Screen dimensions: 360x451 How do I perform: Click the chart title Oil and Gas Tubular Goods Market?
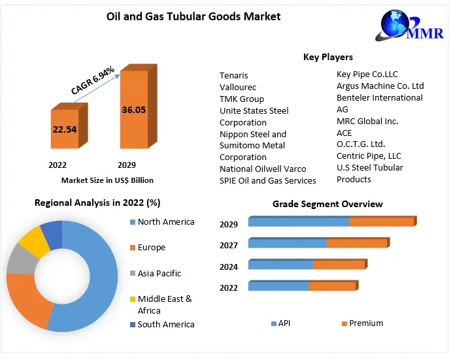click(x=193, y=16)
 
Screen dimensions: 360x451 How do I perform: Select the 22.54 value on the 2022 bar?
click(x=65, y=129)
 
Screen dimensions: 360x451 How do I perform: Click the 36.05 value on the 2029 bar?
click(x=133, y=110)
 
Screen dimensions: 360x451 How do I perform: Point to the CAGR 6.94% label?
click(x=93, y=80)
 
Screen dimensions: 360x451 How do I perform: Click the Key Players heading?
click(x=327, y=57)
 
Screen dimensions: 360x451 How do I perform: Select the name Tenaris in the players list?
click(x=234, y=76)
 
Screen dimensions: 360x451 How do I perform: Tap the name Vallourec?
click(x=238, y=88)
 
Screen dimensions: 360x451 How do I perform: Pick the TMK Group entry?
click(x=242, y=99)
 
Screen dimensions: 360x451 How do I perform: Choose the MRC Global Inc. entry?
click(x=367, y=121)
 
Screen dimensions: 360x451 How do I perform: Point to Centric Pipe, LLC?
click(x=369, y=156)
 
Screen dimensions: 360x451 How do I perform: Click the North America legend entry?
click(x=166, y=222)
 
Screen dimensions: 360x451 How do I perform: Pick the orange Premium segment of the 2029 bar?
click(x=382, y=222)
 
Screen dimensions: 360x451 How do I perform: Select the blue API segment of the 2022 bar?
click(x=278, y=286)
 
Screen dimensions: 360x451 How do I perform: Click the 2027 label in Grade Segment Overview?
click(x=229, y=246)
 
